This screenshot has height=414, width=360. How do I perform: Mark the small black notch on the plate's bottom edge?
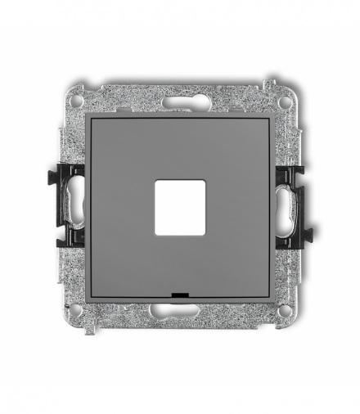180,292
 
